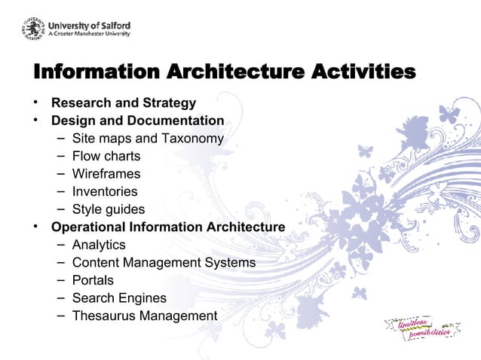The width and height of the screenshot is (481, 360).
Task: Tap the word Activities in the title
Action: (360, 72)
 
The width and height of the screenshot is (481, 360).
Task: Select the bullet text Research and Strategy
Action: (124, 103)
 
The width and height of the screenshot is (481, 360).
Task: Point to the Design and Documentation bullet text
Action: (137, 121)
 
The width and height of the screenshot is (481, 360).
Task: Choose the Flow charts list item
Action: (106, 157)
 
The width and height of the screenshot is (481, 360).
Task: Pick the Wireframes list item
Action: (106, 174)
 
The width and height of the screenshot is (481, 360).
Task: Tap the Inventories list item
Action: (105, 192)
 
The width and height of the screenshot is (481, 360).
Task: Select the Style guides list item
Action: (109, 209)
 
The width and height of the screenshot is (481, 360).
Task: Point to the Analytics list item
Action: (99, 245)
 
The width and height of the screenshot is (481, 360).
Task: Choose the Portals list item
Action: (93, 280)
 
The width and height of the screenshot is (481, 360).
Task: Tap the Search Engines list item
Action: (119, 298)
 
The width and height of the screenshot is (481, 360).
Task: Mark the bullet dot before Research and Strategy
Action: (35, 103)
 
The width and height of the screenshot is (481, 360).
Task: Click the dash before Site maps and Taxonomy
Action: (60, 139)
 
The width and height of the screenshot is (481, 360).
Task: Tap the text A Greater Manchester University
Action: (90, 34)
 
